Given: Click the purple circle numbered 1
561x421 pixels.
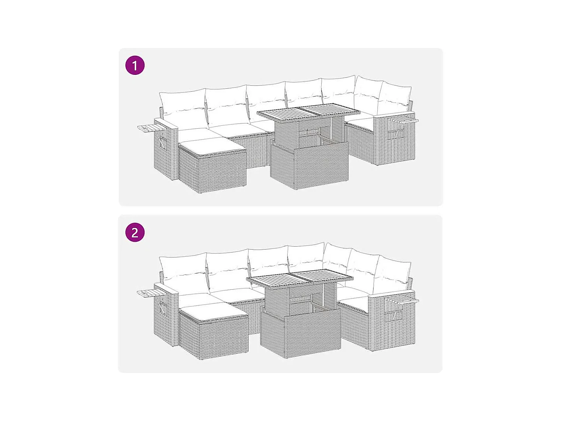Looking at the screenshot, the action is pyautogui.click(x=135, y=65).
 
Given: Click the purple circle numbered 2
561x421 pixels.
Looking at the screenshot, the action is pyautogui.click(x=135, y=232).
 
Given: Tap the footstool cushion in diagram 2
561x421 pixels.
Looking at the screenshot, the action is pyautogui.click(x=213, y=312).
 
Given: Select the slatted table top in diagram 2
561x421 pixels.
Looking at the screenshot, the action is pyautogui.click(x=300, y=279).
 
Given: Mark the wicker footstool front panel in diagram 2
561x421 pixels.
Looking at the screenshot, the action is pyautogui.click(x=224, y=339).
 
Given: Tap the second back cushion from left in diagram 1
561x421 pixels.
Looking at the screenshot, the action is pyautogui.click(x=227, y=105).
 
